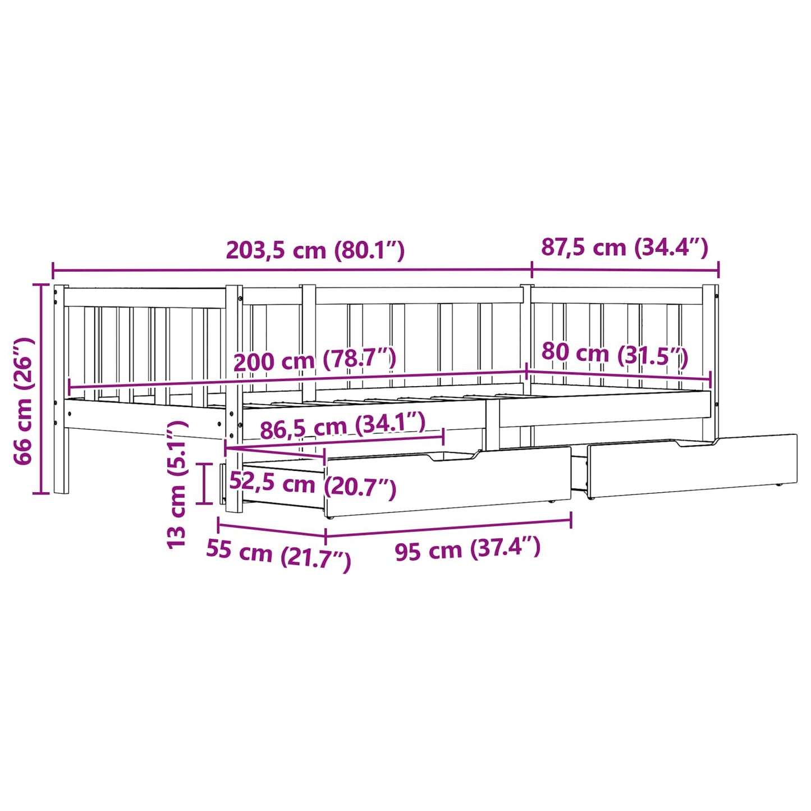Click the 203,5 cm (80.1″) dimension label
[x=315, y=251]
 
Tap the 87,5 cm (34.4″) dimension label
[x=625, y=248]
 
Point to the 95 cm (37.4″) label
[x=468, y=549]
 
